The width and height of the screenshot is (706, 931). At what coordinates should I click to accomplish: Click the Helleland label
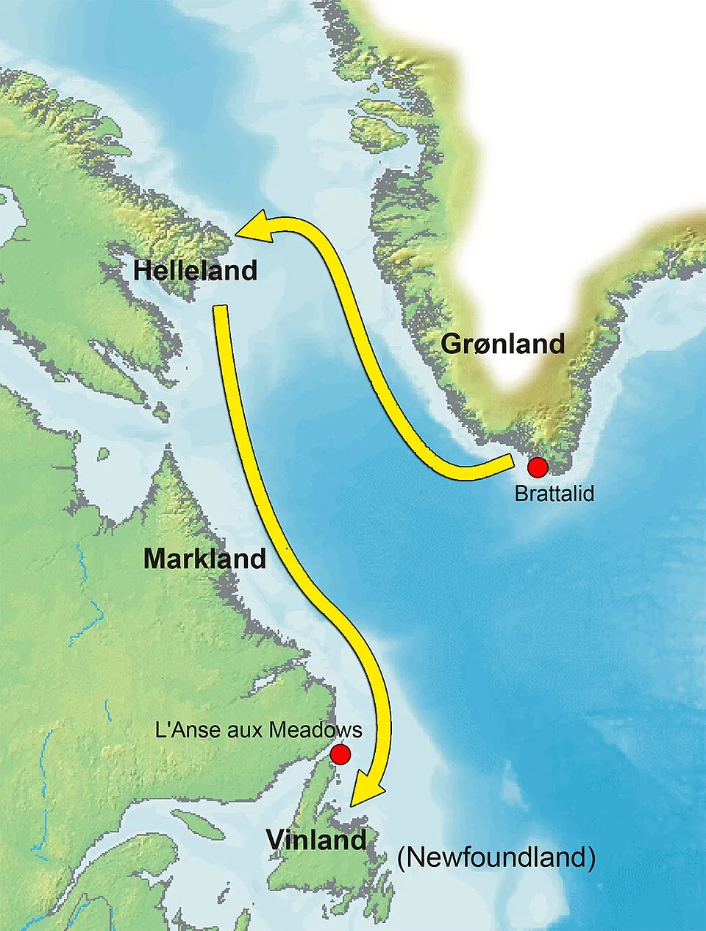(x=195, y=270)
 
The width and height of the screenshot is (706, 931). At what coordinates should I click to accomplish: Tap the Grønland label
(x=503, y=344)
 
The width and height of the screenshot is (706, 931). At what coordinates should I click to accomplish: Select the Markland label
(x=204, y=559)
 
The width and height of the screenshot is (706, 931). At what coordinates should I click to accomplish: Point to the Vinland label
(x=316, y=840)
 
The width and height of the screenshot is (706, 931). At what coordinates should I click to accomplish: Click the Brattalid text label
(x=554, y=493)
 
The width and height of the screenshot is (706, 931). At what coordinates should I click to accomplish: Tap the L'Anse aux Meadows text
(x=259, y=729)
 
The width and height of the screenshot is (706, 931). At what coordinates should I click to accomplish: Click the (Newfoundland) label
(x=496, y=857)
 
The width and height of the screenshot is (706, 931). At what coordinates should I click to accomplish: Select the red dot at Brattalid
(x=538, y=467)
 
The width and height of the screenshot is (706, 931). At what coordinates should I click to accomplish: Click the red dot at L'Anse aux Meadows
(x=340, y=754)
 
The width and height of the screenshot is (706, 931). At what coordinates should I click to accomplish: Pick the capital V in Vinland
(x=276, y=840)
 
